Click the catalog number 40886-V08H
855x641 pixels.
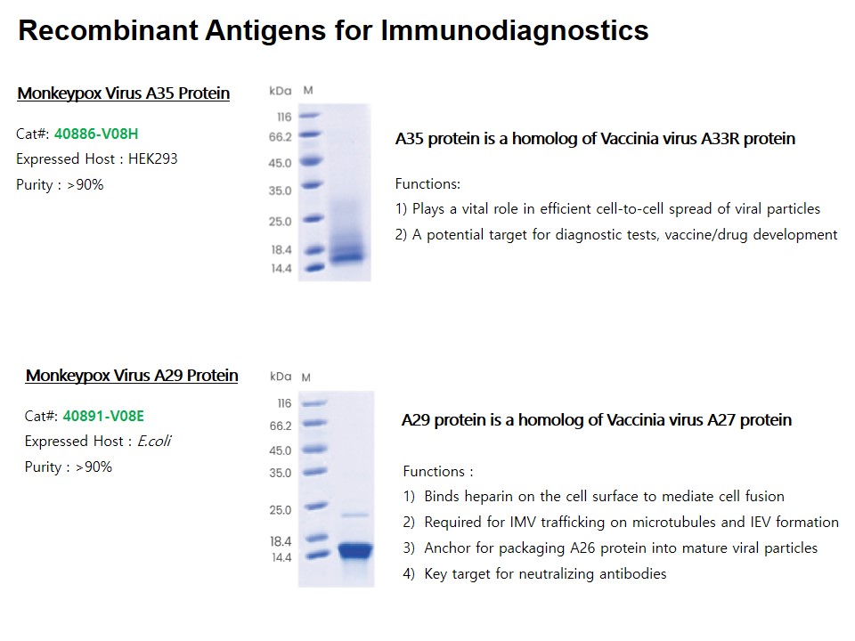(96, 134)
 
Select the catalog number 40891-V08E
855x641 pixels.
(103, 416)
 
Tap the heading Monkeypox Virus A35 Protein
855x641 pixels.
(124, 93)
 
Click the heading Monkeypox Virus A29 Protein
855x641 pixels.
(132, 376)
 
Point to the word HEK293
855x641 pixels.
(152, 158)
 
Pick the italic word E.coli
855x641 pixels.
(154, 441)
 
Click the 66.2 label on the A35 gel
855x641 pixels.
(281, 137)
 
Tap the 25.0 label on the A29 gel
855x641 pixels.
(281, 509)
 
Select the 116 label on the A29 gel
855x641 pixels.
(285, 403)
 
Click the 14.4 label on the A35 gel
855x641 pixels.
(281, 268)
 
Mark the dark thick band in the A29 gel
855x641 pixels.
(355, 550)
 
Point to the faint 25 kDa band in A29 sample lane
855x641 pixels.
(355, 515)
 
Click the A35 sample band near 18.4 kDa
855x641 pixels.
(347, 256)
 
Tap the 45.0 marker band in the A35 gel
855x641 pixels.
(312, 161)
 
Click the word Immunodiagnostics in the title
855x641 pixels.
(515, 30)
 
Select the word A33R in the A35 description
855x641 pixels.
(721, 139)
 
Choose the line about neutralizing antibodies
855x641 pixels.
(535, 573)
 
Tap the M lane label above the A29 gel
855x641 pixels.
(305, 377)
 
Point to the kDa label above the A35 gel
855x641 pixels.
(281, 91)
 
